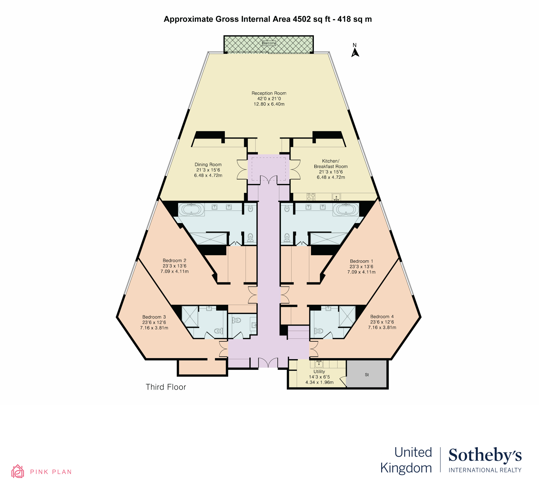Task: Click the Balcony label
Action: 269,43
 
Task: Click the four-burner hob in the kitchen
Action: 311,197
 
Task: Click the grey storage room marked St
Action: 367,374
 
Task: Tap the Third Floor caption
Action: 166,387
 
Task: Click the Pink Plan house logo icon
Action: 18,471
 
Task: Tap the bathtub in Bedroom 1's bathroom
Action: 346,210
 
